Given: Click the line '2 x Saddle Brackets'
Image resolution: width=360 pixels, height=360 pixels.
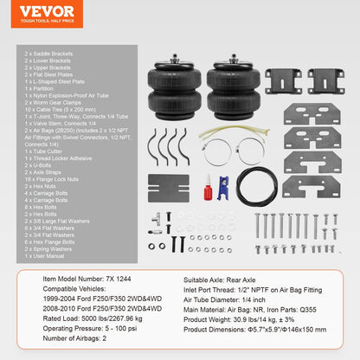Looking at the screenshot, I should click(x=47, y=54).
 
